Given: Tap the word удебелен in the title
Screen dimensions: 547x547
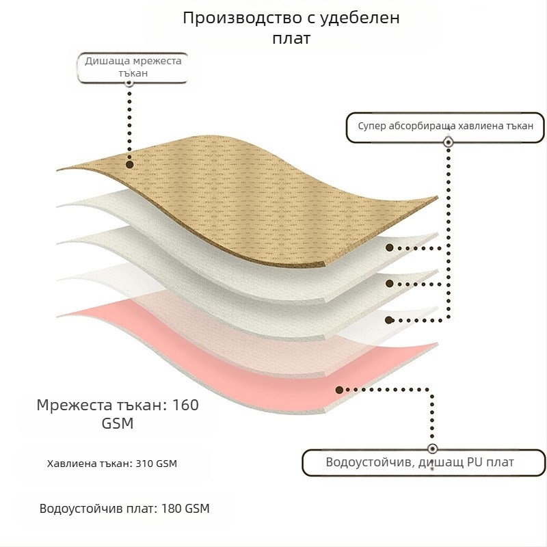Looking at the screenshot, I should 359,18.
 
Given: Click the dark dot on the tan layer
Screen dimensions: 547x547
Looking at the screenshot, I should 129,164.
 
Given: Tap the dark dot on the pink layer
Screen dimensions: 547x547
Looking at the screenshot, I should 339,389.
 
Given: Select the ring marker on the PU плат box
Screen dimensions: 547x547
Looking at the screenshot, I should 431,449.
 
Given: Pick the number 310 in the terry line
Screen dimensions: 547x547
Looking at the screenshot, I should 144,464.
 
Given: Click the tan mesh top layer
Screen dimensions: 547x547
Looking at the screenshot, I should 260,191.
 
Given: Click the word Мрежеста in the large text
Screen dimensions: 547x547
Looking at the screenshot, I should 72,405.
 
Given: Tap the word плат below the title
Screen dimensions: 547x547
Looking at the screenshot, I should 291,38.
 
